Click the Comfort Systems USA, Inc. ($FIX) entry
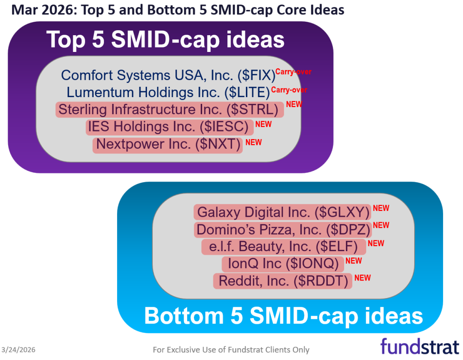pyautogui.click(x=168, y=75)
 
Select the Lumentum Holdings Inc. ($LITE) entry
pyautogui.click(x=168, y=92)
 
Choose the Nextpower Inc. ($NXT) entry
pyautogui.click(x=168, y=145)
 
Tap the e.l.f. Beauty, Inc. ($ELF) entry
pyautogui.click(x=283, y=247)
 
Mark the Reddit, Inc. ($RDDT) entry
pyautogui.click(x=283, y=281)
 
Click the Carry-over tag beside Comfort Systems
pyautogui.click(x=293, y=72)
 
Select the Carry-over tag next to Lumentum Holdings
pyautogui.click(x=289, y=90)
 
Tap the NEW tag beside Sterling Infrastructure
pyautogui.click(x=294, y=104)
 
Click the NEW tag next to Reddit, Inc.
pyautogui.click(x=363, y=278)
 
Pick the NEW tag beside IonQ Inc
pyautogui.click(x=354, y=261)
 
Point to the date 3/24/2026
pyautogui.click(x=19, y=350)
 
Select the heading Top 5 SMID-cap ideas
pyautogui.click(x=165, y=40)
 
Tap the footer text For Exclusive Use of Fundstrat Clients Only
pyautogui.click(x=231, y=350)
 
